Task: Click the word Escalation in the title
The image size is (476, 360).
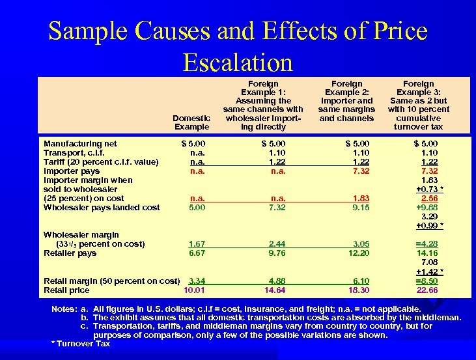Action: point(238,62)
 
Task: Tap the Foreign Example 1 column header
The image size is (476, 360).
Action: point(263,105)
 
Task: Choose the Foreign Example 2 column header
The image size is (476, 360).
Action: point(347,101)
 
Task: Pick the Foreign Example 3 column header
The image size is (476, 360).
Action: point(418,105)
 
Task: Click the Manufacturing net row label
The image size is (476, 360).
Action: point(80,143)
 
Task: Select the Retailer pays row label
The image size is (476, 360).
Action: point(70,253)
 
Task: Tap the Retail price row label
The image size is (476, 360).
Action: point(66,290)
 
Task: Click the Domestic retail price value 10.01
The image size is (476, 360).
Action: point(195,290)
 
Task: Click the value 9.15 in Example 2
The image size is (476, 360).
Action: point(359,207)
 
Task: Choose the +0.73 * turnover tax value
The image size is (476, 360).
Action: point(429,189)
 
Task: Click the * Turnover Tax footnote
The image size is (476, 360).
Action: point(80,343)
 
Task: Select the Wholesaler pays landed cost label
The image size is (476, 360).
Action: point(101,207)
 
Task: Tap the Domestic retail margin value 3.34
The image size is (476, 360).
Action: point(197,281)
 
